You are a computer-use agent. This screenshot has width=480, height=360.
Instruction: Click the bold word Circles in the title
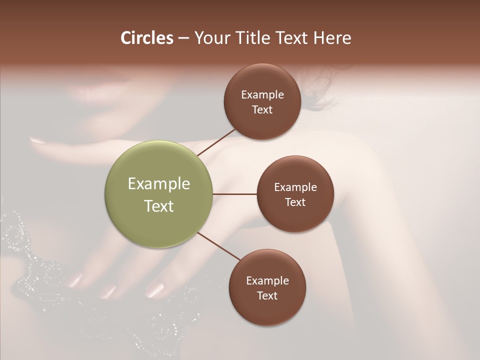click(147, 37)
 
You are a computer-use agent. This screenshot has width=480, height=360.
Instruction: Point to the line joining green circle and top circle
click(216, 141)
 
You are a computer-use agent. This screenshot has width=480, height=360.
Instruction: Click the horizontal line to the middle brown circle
click(235, 194)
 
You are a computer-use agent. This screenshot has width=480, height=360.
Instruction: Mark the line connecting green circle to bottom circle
click(218, 246)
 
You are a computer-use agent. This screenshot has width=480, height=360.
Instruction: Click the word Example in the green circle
click(159, 184)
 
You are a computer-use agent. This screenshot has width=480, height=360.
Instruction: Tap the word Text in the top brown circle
click(262, 110)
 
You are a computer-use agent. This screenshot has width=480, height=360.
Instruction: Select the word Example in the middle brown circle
click(295, 187)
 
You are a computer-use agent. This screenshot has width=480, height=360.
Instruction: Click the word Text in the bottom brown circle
click(267, 295)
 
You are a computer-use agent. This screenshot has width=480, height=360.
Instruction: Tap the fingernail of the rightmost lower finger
click(155, 288)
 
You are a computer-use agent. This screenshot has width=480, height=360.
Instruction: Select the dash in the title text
click(183, 38)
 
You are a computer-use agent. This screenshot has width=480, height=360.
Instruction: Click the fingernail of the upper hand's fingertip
click(38, 141)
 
